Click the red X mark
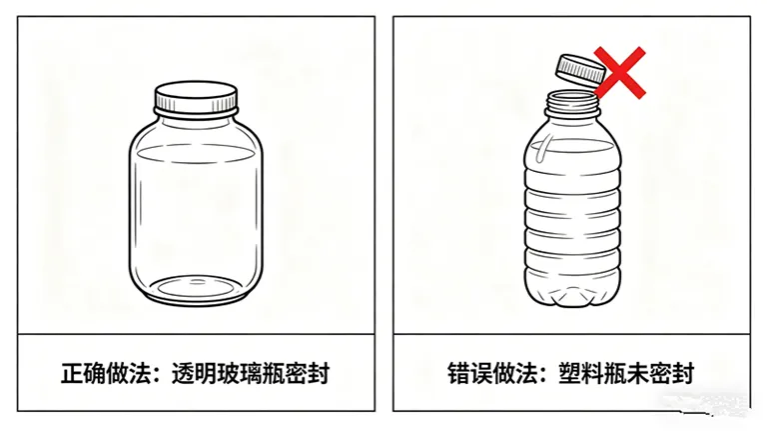click(x=620, y=72)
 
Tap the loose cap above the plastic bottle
click(x=580, y=69)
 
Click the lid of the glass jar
click(x=196, y=98)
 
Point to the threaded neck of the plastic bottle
click(x=572, y=104)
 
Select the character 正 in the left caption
click(x=72, y=374)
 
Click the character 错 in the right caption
click(x=458, y=374)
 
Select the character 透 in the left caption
click(x=183, y=374)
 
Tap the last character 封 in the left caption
click(x=319, y=374)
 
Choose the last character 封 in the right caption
click(x=683, y=374)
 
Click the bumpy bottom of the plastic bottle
click(x=572, y=295)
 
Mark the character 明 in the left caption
click(x=206, y=374)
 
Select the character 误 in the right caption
click(x=481, y=374)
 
